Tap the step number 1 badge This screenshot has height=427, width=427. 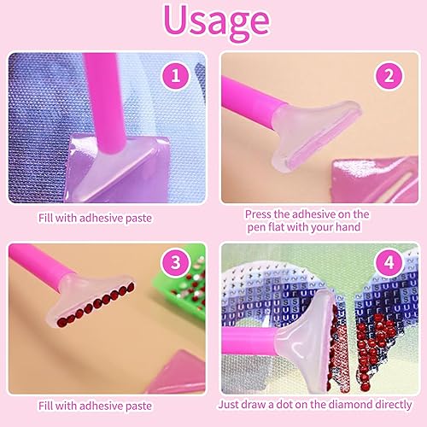[x=175, y=76]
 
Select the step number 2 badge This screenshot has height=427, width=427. [x=389, y=76]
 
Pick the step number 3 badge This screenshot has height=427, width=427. [x=175, y=262]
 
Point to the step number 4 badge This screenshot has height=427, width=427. [x=389, y=262]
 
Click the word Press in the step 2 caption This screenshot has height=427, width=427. [x=257, y=214]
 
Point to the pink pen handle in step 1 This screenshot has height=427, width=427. [x=104, y=101]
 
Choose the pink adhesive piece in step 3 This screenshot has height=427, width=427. [x=177, y=373]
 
